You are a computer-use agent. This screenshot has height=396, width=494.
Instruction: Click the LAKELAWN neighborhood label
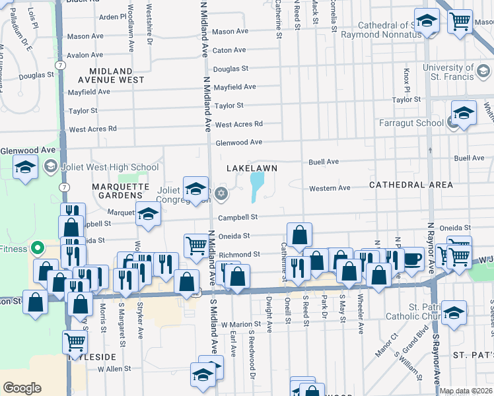(251, 168)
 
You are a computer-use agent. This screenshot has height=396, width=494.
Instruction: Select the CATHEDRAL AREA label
(411, 185)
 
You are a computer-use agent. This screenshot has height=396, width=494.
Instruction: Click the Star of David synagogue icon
(222, 193)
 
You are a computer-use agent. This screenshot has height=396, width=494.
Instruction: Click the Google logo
(22, 387)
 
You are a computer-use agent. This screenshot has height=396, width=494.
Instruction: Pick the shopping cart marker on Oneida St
(196, 246)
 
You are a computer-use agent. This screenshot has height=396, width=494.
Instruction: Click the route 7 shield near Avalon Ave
(60, 65)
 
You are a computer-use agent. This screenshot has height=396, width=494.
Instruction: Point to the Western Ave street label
(330, 188)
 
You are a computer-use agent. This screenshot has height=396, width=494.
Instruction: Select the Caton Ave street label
(230, 50)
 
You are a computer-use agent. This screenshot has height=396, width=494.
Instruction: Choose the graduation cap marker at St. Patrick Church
(454, 312)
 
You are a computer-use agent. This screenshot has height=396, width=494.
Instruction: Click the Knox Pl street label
(406, 80)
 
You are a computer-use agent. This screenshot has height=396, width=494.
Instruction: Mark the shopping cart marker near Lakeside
(75, 341)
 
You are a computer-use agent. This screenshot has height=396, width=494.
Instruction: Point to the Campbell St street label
(238, 217)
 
